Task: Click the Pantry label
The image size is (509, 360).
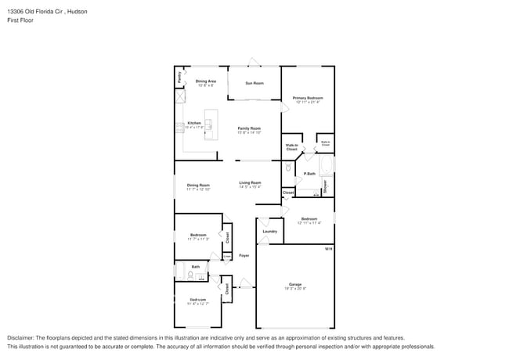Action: (179, 77)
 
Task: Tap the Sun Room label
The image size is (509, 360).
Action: (254, 82)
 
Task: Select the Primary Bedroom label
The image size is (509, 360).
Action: (307, 98)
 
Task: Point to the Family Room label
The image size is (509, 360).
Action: (249, 128)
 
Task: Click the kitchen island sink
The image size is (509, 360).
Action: (208, 125)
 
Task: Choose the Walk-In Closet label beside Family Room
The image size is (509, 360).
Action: (291, 146)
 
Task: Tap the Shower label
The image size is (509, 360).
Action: (324, 186)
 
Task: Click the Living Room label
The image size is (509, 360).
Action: (250, 182)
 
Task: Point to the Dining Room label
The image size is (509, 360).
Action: (197, 185)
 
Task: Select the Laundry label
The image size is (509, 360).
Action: (269, 232)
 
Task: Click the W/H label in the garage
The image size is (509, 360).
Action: (329, 248)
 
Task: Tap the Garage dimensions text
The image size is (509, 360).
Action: (295, 289)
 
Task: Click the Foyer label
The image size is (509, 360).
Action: (244, 255)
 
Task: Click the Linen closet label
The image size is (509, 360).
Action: (227, 255)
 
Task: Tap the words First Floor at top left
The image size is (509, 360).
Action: (20, 20)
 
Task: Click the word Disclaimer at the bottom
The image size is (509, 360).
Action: (23, 337)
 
